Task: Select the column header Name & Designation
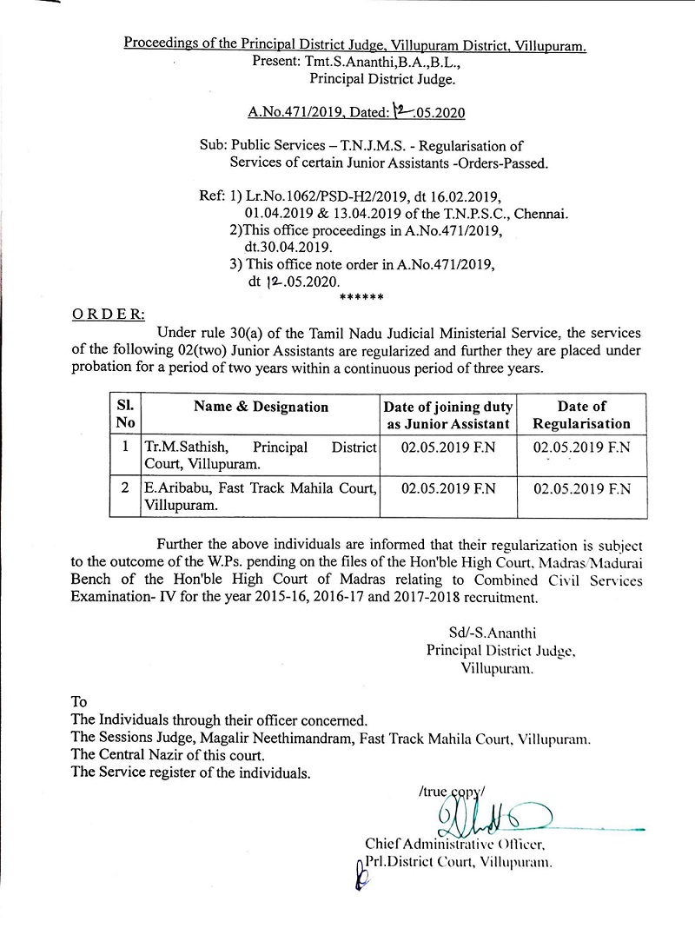pyautogui.click(x=261, y=407)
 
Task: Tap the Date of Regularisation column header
pyautogui.click(x=581, y=414)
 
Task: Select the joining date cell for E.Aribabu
pyautogui.click(x=448, y=488)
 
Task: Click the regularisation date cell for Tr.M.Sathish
pyautogui.click(x=581, y=447)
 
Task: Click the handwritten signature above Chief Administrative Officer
pyautogui.click(x=486, y=816)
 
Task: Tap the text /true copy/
pyautogui.click(x=452, y=791)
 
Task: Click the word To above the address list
pyautogui.click(x=79, y=702)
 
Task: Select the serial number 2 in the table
pyautogui.click(x=125, y=488)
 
